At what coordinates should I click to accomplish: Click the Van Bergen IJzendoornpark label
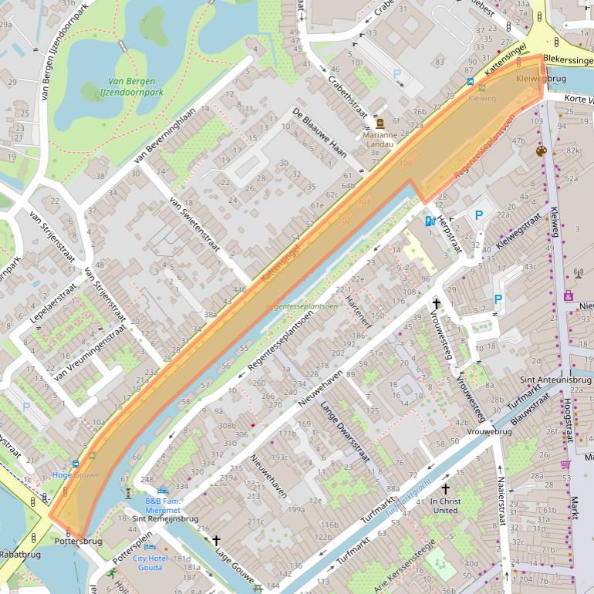pos(131,87)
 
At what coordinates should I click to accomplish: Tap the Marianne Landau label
pos(379,139)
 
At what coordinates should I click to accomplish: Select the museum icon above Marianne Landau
pos(380,123)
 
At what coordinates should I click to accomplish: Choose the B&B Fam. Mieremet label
pos(163,505)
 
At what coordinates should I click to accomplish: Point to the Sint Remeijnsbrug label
pos(165,519)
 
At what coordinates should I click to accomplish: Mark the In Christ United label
pos(445,505)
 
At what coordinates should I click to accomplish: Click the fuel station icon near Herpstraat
pos(429,221)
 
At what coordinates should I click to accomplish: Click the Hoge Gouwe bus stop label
pos(76,475)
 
